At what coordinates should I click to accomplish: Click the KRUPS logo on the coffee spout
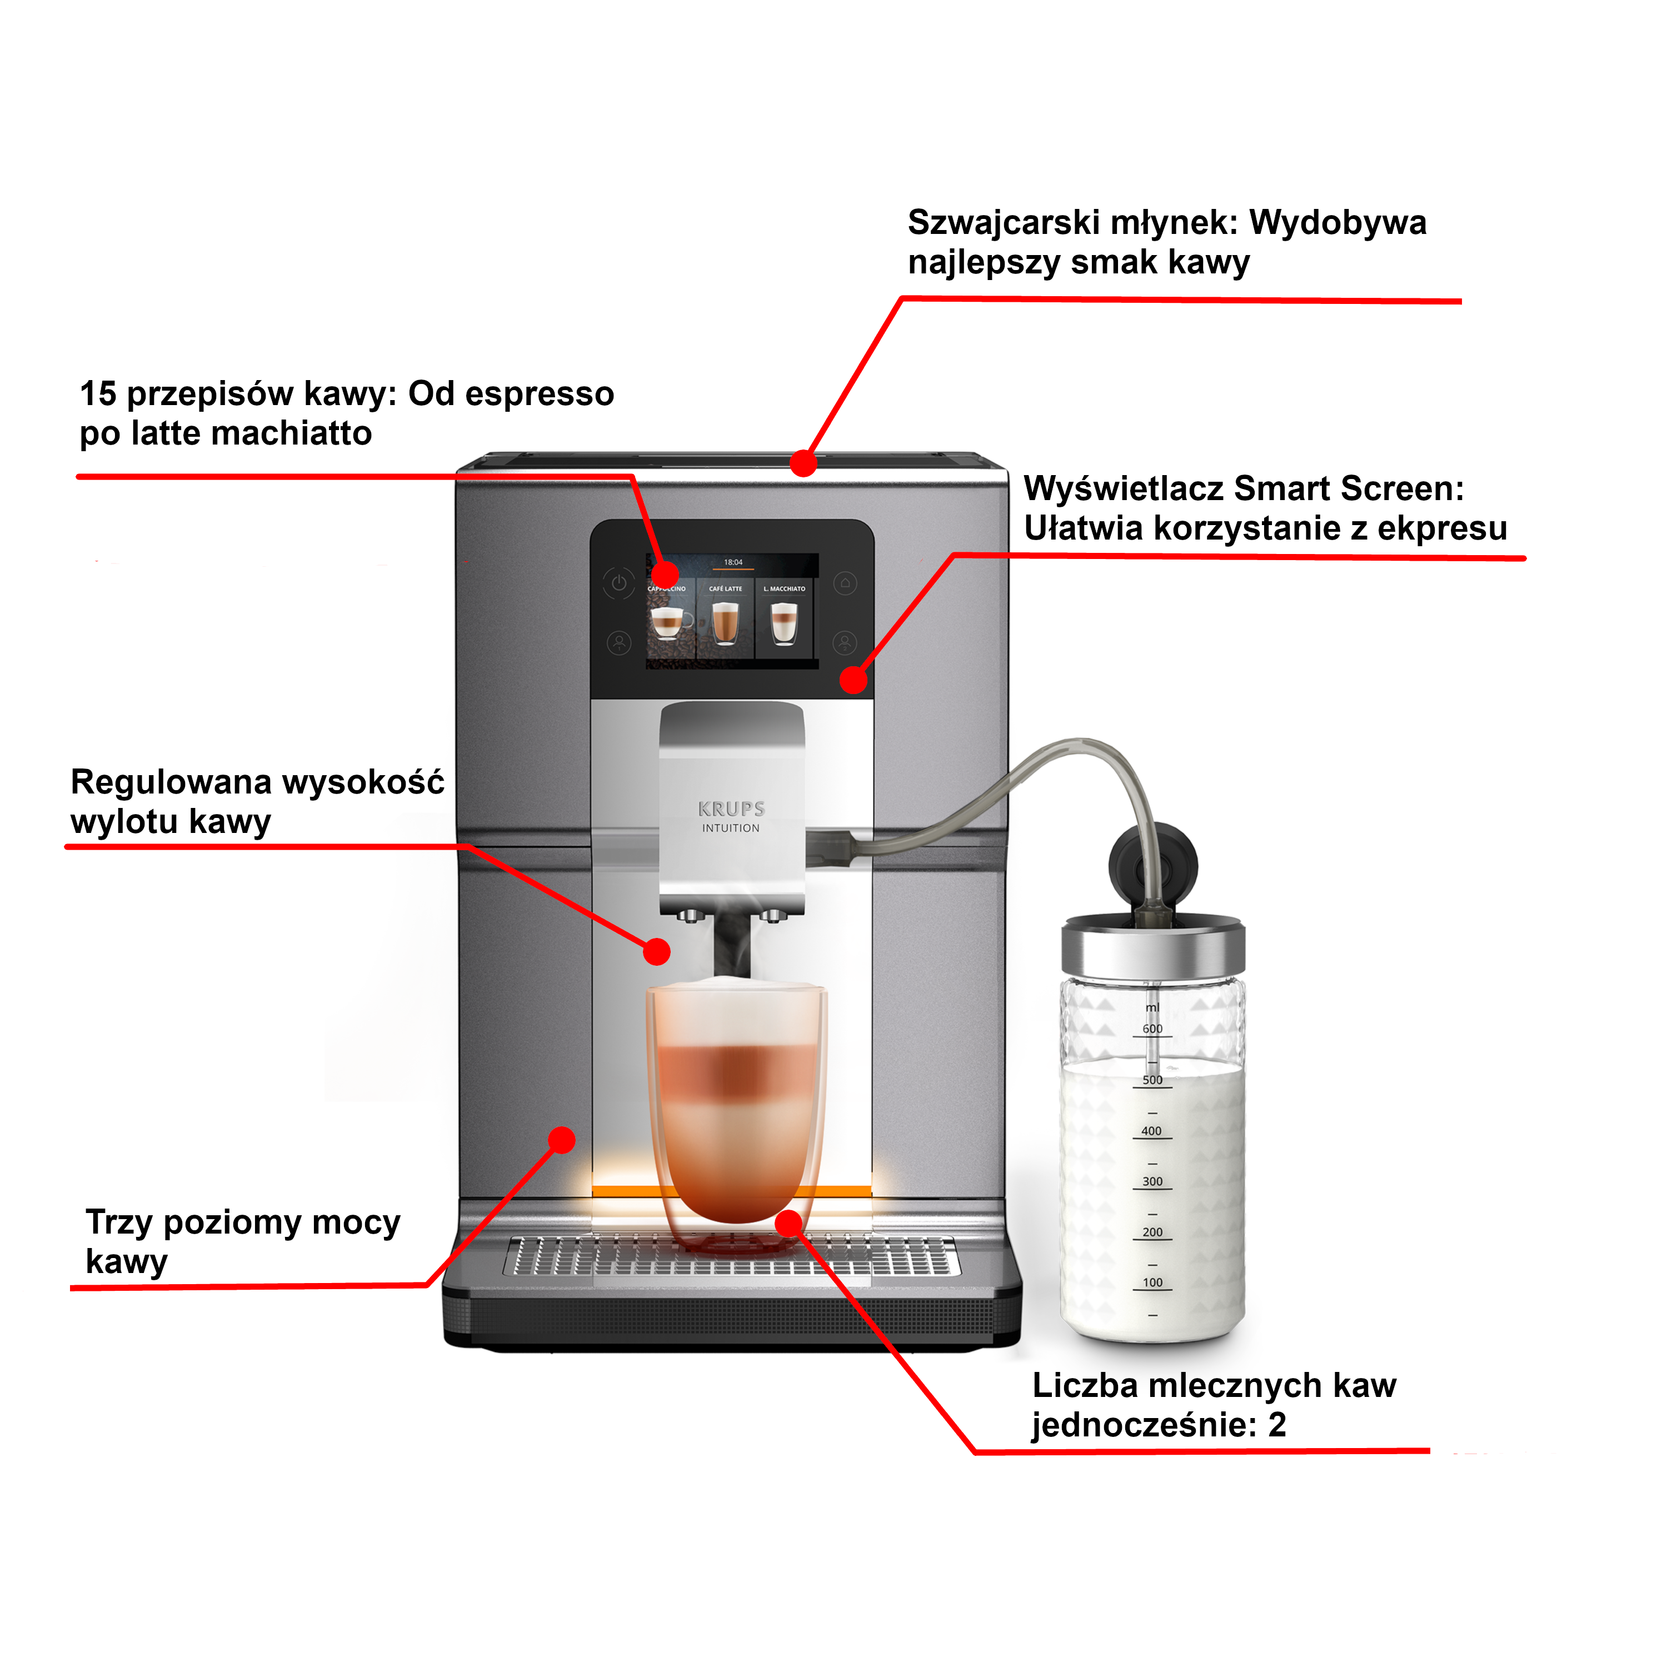[731, 808]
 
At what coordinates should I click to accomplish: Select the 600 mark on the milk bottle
[1152, 1029]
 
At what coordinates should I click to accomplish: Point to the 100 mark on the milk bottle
[1152, 1282]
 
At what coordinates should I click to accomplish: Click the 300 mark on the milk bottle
[1152, 1181]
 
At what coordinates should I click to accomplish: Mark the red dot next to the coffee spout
[657, 952]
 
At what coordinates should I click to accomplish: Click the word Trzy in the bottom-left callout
[120, 1222]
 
